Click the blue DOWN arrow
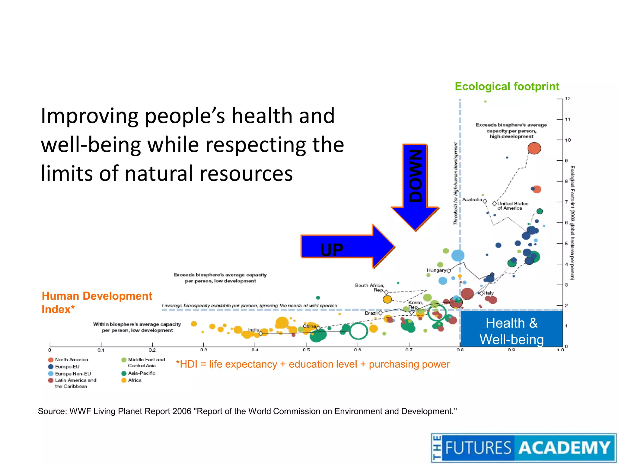415,184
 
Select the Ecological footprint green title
507,86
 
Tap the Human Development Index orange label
97,302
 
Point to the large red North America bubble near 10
534,148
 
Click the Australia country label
472,199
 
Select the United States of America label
512,206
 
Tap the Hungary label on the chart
436,270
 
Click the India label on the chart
253,330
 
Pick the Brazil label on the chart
371,313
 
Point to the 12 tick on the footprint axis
567,99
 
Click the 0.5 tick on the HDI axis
306,350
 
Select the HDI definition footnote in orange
313,364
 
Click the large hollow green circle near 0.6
358,331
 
